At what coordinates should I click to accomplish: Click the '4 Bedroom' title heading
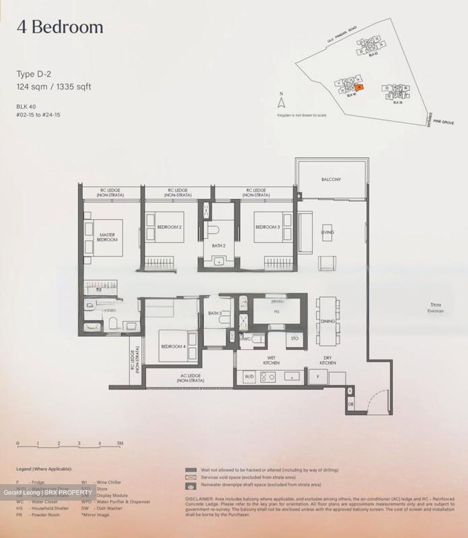(60, 27)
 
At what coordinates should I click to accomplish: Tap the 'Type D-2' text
(34, 74)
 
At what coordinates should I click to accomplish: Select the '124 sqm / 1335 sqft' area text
(54, 87)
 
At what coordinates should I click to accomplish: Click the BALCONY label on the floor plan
(331, 179)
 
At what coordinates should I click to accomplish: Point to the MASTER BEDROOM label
(107, 237)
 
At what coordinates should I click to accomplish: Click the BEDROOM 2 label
(169, 227)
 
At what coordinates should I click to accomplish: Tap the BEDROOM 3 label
(268, 227)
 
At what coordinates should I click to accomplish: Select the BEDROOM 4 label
(173, 346)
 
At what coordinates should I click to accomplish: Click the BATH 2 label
(219, 246)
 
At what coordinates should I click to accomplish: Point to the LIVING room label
(327, 232)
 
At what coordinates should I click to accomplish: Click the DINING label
(327, 321)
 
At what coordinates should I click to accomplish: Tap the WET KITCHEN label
(271, 360)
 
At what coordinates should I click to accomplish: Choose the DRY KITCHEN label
(327, 360)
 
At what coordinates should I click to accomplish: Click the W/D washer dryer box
(249, 377)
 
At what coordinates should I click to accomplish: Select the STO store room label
(295, 338)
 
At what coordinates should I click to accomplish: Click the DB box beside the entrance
(350, 404)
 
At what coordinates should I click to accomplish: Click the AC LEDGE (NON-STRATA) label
(190, 378)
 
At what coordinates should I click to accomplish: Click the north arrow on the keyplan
(282, 102)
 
